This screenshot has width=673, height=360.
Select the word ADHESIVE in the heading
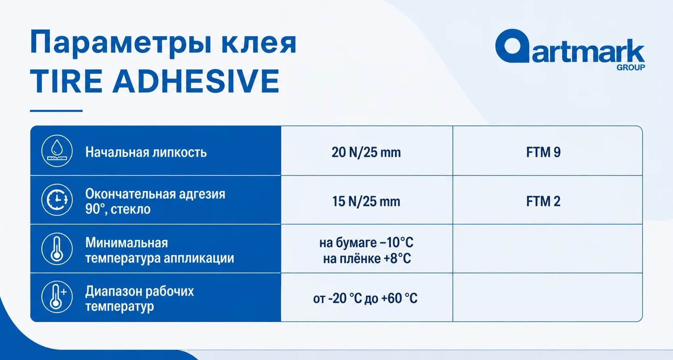coord(196,81)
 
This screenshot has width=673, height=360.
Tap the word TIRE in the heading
coord(66,81)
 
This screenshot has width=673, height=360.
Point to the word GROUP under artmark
coord(631,67)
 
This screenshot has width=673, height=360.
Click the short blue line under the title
coord(56,111)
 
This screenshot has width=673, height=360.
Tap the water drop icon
coord(57,151)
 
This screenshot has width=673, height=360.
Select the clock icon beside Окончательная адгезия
coord(57,200)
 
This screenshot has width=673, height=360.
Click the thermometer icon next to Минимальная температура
coord(57,248)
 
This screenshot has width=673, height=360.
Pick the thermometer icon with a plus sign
coord(57,297)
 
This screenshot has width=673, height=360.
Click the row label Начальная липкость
coord(146,152)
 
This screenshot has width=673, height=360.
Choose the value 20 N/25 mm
coord(366,152)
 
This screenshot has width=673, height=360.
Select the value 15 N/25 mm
coord(366,201)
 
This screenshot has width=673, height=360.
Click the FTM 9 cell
coord(543,152)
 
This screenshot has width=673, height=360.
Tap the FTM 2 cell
coord(543,201)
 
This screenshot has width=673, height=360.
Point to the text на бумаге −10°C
coord(366,242)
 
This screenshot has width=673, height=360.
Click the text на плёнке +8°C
coord(367,258)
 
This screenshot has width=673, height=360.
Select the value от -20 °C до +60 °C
coord(365,298)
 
